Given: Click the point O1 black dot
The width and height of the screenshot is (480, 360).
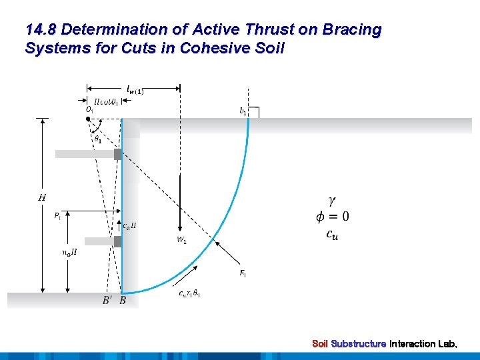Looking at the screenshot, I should (x=88, y=118).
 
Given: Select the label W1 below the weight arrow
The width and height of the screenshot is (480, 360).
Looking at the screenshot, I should (x=181, y=241).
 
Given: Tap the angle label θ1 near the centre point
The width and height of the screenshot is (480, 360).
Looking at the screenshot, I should (x=98, y=139).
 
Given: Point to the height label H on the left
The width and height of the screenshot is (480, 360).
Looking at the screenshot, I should (x=42, y=197).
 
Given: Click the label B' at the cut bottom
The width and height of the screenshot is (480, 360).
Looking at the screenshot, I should (x=107, y=301).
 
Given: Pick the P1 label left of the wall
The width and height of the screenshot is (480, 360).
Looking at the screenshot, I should (x=58, y=215).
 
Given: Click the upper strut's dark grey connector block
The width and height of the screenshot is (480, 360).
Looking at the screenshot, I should (x=117, y=154).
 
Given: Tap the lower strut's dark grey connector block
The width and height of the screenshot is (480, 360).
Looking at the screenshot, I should (x=117, y=241).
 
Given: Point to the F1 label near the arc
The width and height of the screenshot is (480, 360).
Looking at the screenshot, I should (x=242, y=273).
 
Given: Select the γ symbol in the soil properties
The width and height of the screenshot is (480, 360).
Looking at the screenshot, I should (x=332, y=200).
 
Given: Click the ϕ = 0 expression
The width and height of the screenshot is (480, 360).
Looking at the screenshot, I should (x=332, y=216).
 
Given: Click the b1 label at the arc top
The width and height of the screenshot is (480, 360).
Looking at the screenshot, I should (x=243, y=112).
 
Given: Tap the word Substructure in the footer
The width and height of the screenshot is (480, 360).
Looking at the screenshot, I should (x=359, y=344).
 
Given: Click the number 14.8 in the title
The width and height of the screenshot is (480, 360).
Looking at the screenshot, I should (x=41, y=30).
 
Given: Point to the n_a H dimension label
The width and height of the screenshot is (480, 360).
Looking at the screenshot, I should (x=69, y=252).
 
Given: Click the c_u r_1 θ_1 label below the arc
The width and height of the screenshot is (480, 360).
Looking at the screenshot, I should (x=190, y=294).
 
